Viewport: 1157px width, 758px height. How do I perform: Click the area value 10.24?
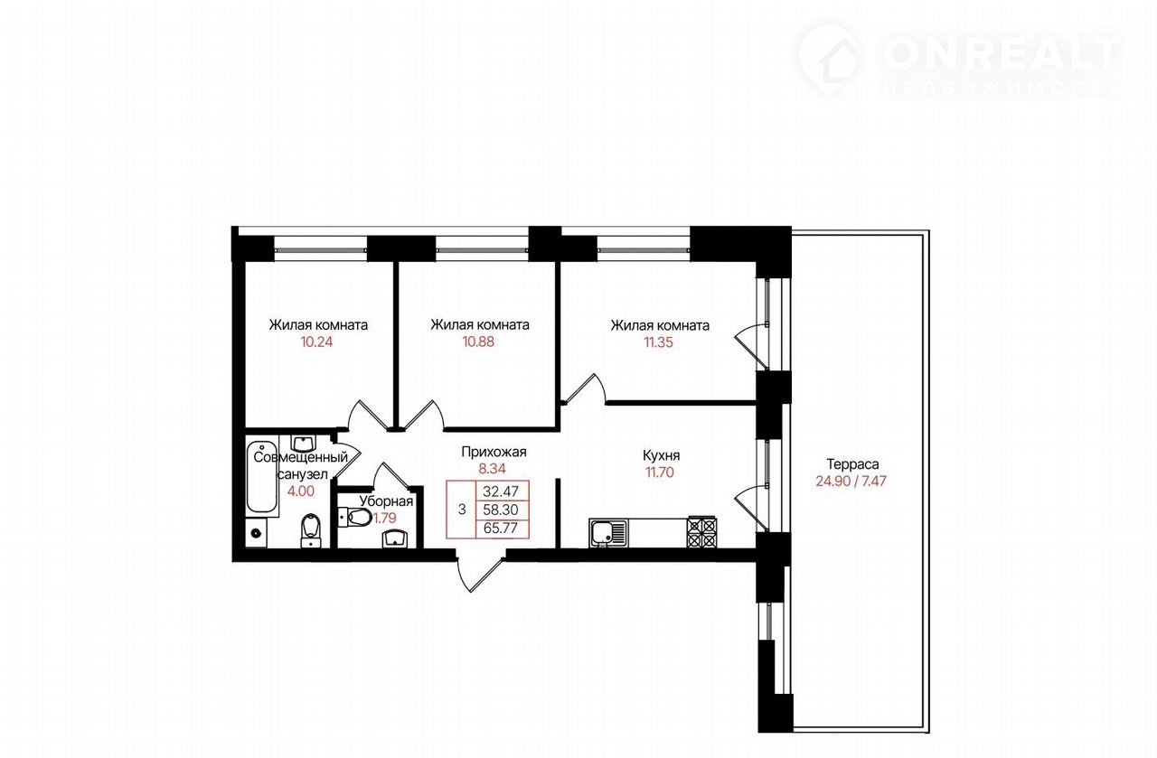pyautogui.click(x=316, y=342)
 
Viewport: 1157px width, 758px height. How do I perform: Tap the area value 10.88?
pyautogui.click(x=478, y=342)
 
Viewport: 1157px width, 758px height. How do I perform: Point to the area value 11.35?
pyautogui.click(x=659, y=342)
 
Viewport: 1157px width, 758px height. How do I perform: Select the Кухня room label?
pyautogui.click(x=661, y=455)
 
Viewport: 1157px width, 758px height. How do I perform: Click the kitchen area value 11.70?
pyautogui.click(x=660, y=473)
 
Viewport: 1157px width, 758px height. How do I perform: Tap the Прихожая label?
pyautogui.click(x=494, y=453)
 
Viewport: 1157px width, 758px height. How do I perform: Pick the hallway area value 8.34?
pyautogui.click(x=493, y=469)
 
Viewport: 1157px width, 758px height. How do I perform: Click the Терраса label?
pyautogui.click(x=852, y=464)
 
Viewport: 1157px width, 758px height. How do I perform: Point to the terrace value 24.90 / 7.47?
pyautogui.click(x=851, y=482)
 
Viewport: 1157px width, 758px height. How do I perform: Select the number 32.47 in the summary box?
pyautogui.click(x=501, y=490)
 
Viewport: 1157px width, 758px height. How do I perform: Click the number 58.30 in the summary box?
pyautogui.click(x=501, y=510)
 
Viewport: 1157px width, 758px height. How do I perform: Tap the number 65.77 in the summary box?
pyautogui.click(x=501, y=529)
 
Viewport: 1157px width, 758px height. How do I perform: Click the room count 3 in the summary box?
pyautogui.click(x=462, y=510)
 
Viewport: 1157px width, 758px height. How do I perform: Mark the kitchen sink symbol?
pyautogui.click(x=608, y=532)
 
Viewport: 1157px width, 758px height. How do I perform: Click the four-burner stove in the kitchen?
pyautogui.click(x=701, y=532)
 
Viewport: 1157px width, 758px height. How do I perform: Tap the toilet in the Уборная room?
pyautogui.click(x=355, y=517)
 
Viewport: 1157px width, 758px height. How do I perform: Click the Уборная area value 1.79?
pyautogui.click(x=385, y=518)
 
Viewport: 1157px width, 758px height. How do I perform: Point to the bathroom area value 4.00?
pyautogui.click(x=301, y=491)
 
